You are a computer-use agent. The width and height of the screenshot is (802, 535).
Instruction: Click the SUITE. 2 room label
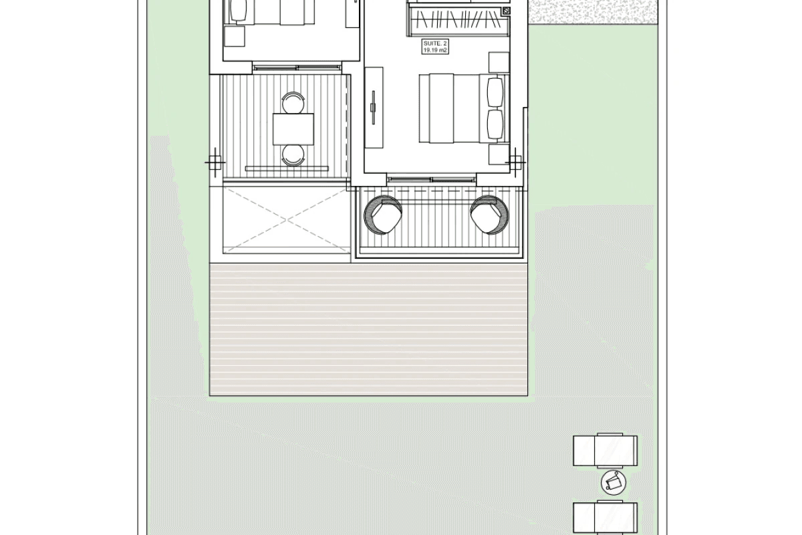pyautogui.click(x=435, y=43)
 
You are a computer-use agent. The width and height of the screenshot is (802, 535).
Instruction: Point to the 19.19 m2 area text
pyautogui.click(x=435, y=50)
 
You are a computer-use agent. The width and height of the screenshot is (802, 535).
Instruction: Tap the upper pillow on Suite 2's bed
pyautogui.click(x=495, y=92)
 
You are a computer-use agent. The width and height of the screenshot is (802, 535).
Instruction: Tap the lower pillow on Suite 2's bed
pyautogui.click(x=495, y=124)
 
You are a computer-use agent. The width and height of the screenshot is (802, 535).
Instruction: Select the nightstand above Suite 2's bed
pyautogui.click(x=499, y=63)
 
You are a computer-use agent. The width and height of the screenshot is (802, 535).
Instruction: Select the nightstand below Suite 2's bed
pyautogui.click(x=499, y=154)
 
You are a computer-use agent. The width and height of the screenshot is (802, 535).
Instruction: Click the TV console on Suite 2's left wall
pyautogui.click(x=374, y=108)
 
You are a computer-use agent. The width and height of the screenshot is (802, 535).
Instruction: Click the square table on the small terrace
pyautogui.click(x=293, y=129)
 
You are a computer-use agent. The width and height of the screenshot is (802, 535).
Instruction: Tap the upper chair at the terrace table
pyautogui.click(x=293, y=102)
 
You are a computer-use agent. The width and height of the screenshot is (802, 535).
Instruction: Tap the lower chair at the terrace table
pyautogui.click(x=293, y=156)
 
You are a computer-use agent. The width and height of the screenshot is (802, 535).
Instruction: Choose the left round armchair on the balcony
pyautogui.click(x=383, y=215)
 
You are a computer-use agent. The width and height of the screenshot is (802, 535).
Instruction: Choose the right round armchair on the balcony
pyautogui.click(x=489, y=215)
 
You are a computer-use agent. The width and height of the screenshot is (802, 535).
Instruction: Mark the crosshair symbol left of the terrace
pyautogui.click(x=215, y=163)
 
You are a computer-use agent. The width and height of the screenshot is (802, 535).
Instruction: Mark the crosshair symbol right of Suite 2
pyautogui.click(x=515, y=163)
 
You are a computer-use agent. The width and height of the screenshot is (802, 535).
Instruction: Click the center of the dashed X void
pyautogui.click(x=287, y=219)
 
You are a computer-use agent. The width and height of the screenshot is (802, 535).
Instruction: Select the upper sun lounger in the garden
pyautogui.click(x=605, y=451)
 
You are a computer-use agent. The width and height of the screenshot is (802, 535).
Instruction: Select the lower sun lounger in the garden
pyautogui.click(x=605, y=518)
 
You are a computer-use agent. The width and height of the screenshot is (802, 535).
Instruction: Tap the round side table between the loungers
pyautogui.click(x=614, y=483)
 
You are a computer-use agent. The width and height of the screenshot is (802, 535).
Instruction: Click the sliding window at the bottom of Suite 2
pyautogui.click(x=432, y=179)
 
